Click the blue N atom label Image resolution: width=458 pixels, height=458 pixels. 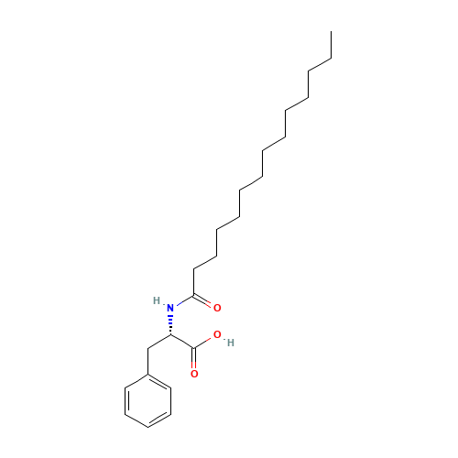[x=170, y=308]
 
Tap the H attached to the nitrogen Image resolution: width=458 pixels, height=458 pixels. [x=157, y=300]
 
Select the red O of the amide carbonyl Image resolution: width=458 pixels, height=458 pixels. [x=217, y=308]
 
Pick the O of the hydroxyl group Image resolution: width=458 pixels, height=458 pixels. [x=217, y=334]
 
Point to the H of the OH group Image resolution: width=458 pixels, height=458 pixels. [x=231, y=343]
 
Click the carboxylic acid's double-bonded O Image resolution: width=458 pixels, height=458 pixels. [x=194, y=374]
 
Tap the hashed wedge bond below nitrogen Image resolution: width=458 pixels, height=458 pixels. [x=170, y=324]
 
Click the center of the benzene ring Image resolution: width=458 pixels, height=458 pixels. [x=148, y=400]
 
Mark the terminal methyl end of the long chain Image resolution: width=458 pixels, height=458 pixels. [x=332, y=31]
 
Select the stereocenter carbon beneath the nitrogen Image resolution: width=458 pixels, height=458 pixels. [x=170, y=335]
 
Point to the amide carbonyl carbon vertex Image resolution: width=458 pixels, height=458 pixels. [x=193, y=295]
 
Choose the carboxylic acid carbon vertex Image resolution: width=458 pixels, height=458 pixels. [x=193, y=348]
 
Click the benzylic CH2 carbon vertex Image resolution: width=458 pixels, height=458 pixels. [x=148, y=348]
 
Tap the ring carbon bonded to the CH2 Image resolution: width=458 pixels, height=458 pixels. [x=148, y=375]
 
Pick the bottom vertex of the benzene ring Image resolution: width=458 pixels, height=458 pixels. [x=148, y=427]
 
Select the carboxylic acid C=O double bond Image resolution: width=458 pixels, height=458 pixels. [x=194, y=358]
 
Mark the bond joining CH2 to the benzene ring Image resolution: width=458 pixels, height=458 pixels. [x=148, y=361]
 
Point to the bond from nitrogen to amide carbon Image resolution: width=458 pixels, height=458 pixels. [x=184, y=300]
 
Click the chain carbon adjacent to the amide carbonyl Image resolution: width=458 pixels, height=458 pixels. [x=193, y=269]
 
